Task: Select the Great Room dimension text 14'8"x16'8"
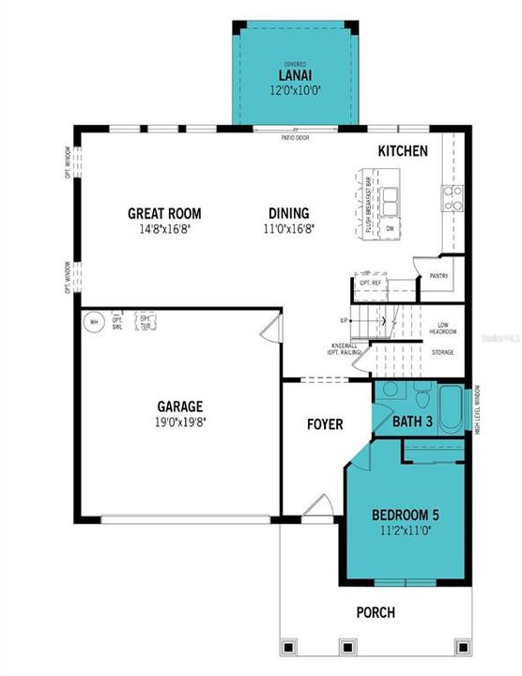point(165,227)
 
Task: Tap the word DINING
point(288,213)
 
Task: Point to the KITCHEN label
point(403,151)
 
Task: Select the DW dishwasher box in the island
point(390,228)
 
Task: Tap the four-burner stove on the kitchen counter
point(453,196)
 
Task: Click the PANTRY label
point(439,276)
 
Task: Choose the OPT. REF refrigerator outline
point(370,282)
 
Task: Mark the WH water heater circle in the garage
point(93,322)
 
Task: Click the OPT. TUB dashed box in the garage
point(146,321)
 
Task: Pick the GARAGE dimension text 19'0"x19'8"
point(180,422)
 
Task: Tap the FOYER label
point(325,424)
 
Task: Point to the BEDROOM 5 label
point(406,515)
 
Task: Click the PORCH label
point(375,612)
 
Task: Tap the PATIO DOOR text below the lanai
point(295,138)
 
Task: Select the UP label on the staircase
point(345,320)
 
